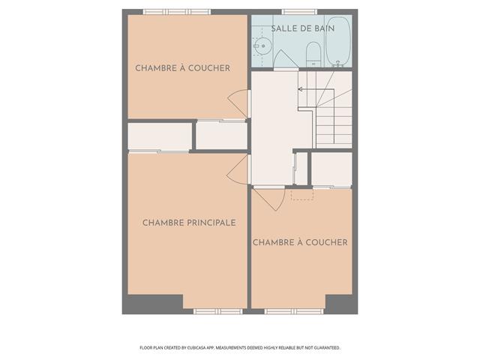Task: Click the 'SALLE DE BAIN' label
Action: point(302,28)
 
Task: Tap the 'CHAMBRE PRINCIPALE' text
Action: point(189,223)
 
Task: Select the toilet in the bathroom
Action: point(313,55)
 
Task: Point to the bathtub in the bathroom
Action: point(338,41)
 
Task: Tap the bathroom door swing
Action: point(285,58)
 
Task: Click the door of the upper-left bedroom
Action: point(238,103)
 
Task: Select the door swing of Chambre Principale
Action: point(238,169)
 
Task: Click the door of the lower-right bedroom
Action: point(269,198)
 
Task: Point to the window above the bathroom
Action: point(299,12)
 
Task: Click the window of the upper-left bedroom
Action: point(177,12)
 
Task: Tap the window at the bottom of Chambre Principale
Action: point(217,312)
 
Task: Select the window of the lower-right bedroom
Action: point(293,312)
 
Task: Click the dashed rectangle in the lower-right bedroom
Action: point(302,195)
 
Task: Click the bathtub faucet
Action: point(338,64)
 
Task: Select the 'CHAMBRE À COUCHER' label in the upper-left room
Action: point(183,68)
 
